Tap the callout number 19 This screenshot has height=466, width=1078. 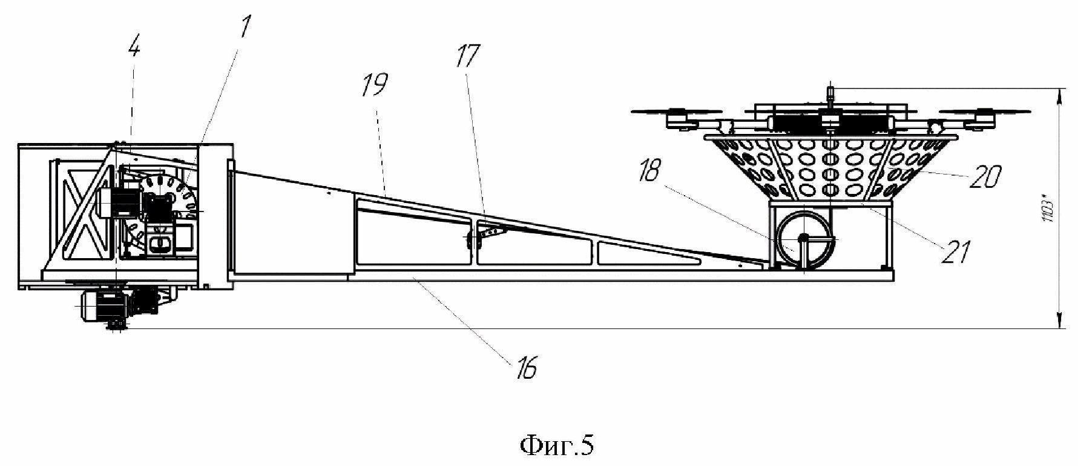pyautogui.click(x=375, y=86)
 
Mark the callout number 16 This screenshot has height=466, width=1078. pyautogui.click(x=527, y=368)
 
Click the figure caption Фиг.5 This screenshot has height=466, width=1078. pyautogui.click(x=557, y=446)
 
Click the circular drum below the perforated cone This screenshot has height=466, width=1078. pyautogui.click(x=804, y=239)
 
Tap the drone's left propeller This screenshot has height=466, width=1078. pyautogui.click(x=677, y=112)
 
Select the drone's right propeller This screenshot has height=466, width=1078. pyautogui.click(x=984, y=112)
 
